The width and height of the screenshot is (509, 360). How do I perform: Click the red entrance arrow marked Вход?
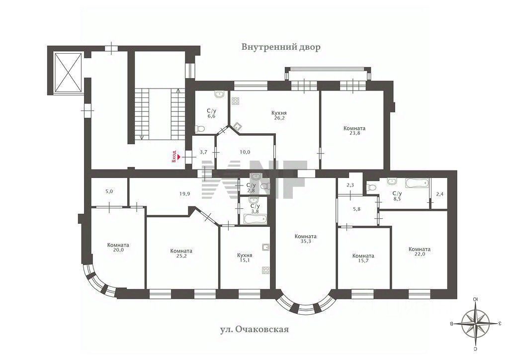click(x=178, y=157)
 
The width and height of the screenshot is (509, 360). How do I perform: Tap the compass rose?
click(x=476, y=323)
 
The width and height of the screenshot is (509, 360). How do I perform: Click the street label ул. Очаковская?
click(x=254, y=330)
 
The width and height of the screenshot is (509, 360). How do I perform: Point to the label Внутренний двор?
click(x=281, y=47)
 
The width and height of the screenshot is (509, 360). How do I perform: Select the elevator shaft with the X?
click(x=68, y=73)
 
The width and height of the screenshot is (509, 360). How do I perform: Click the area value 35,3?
click(x=306, y=241)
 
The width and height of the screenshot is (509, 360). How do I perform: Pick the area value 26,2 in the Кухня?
click(x=279, y=118)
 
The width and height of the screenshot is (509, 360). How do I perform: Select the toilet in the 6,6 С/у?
click(x=200, y=129)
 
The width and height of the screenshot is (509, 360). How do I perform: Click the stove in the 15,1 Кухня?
click(x=266, y=270)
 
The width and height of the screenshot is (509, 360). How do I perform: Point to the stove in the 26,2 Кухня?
click(x=235, y=101)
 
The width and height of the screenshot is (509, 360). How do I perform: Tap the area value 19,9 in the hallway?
click(x=184, y=194)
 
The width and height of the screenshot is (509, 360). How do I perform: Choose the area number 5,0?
click(x=109, y=191)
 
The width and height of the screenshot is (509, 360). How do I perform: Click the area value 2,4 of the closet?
click(x=439, y=194)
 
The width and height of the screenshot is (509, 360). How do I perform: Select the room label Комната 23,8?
click(x=354, y=130)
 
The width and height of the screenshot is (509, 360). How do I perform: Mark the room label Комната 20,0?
click(x=118, y=247)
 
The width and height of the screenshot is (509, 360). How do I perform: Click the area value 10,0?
click(x=245, y=152)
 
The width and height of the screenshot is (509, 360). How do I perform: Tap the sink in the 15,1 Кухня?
click(x=266, y=247)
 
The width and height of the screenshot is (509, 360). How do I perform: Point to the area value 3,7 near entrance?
click(x=203, y=152)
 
